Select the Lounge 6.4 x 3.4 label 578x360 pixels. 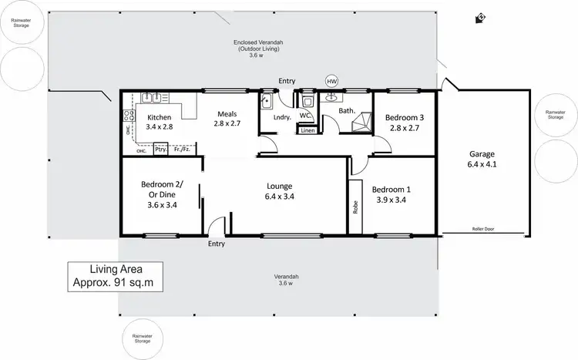click(x=278, y=190)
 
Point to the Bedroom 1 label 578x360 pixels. click(x=391, y=194)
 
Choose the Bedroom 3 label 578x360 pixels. click(x=404, y=123)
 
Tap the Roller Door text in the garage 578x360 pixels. click(x=482, y=229)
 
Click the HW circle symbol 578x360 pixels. click(x=331, y=81)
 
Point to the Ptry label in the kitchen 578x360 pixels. click(x=161, y=150)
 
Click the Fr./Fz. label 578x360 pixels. click(x=182, y=150)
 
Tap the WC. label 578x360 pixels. click(x=305, y=116)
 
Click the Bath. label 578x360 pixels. click(x=347, y=111)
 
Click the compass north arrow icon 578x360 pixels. click(x=482, y=16)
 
